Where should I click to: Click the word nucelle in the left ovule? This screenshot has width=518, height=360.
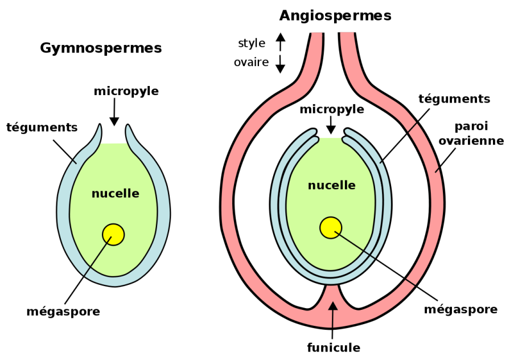coord(116,194)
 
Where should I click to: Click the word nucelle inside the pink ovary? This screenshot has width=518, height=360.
coord(331,186)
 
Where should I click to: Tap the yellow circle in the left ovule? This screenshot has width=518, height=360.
coord(113,235)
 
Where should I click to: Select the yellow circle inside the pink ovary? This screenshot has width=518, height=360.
coord(331,228)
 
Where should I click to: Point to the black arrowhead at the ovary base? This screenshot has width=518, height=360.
coord(332,306)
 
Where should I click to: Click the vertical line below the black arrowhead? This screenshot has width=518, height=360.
coord(332,319)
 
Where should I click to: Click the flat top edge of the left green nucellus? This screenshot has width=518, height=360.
coord(114,144)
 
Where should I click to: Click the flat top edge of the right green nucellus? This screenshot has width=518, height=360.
coord(330,138)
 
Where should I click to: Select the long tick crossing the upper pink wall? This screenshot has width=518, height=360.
coord(412,128)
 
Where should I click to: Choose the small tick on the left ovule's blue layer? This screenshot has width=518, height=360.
coord(74,161)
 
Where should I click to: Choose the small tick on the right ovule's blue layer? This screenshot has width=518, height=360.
coord(381,162)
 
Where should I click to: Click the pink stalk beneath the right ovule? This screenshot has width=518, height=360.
coord(332,293)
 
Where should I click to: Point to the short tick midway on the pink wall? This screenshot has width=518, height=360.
coord(437,170)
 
